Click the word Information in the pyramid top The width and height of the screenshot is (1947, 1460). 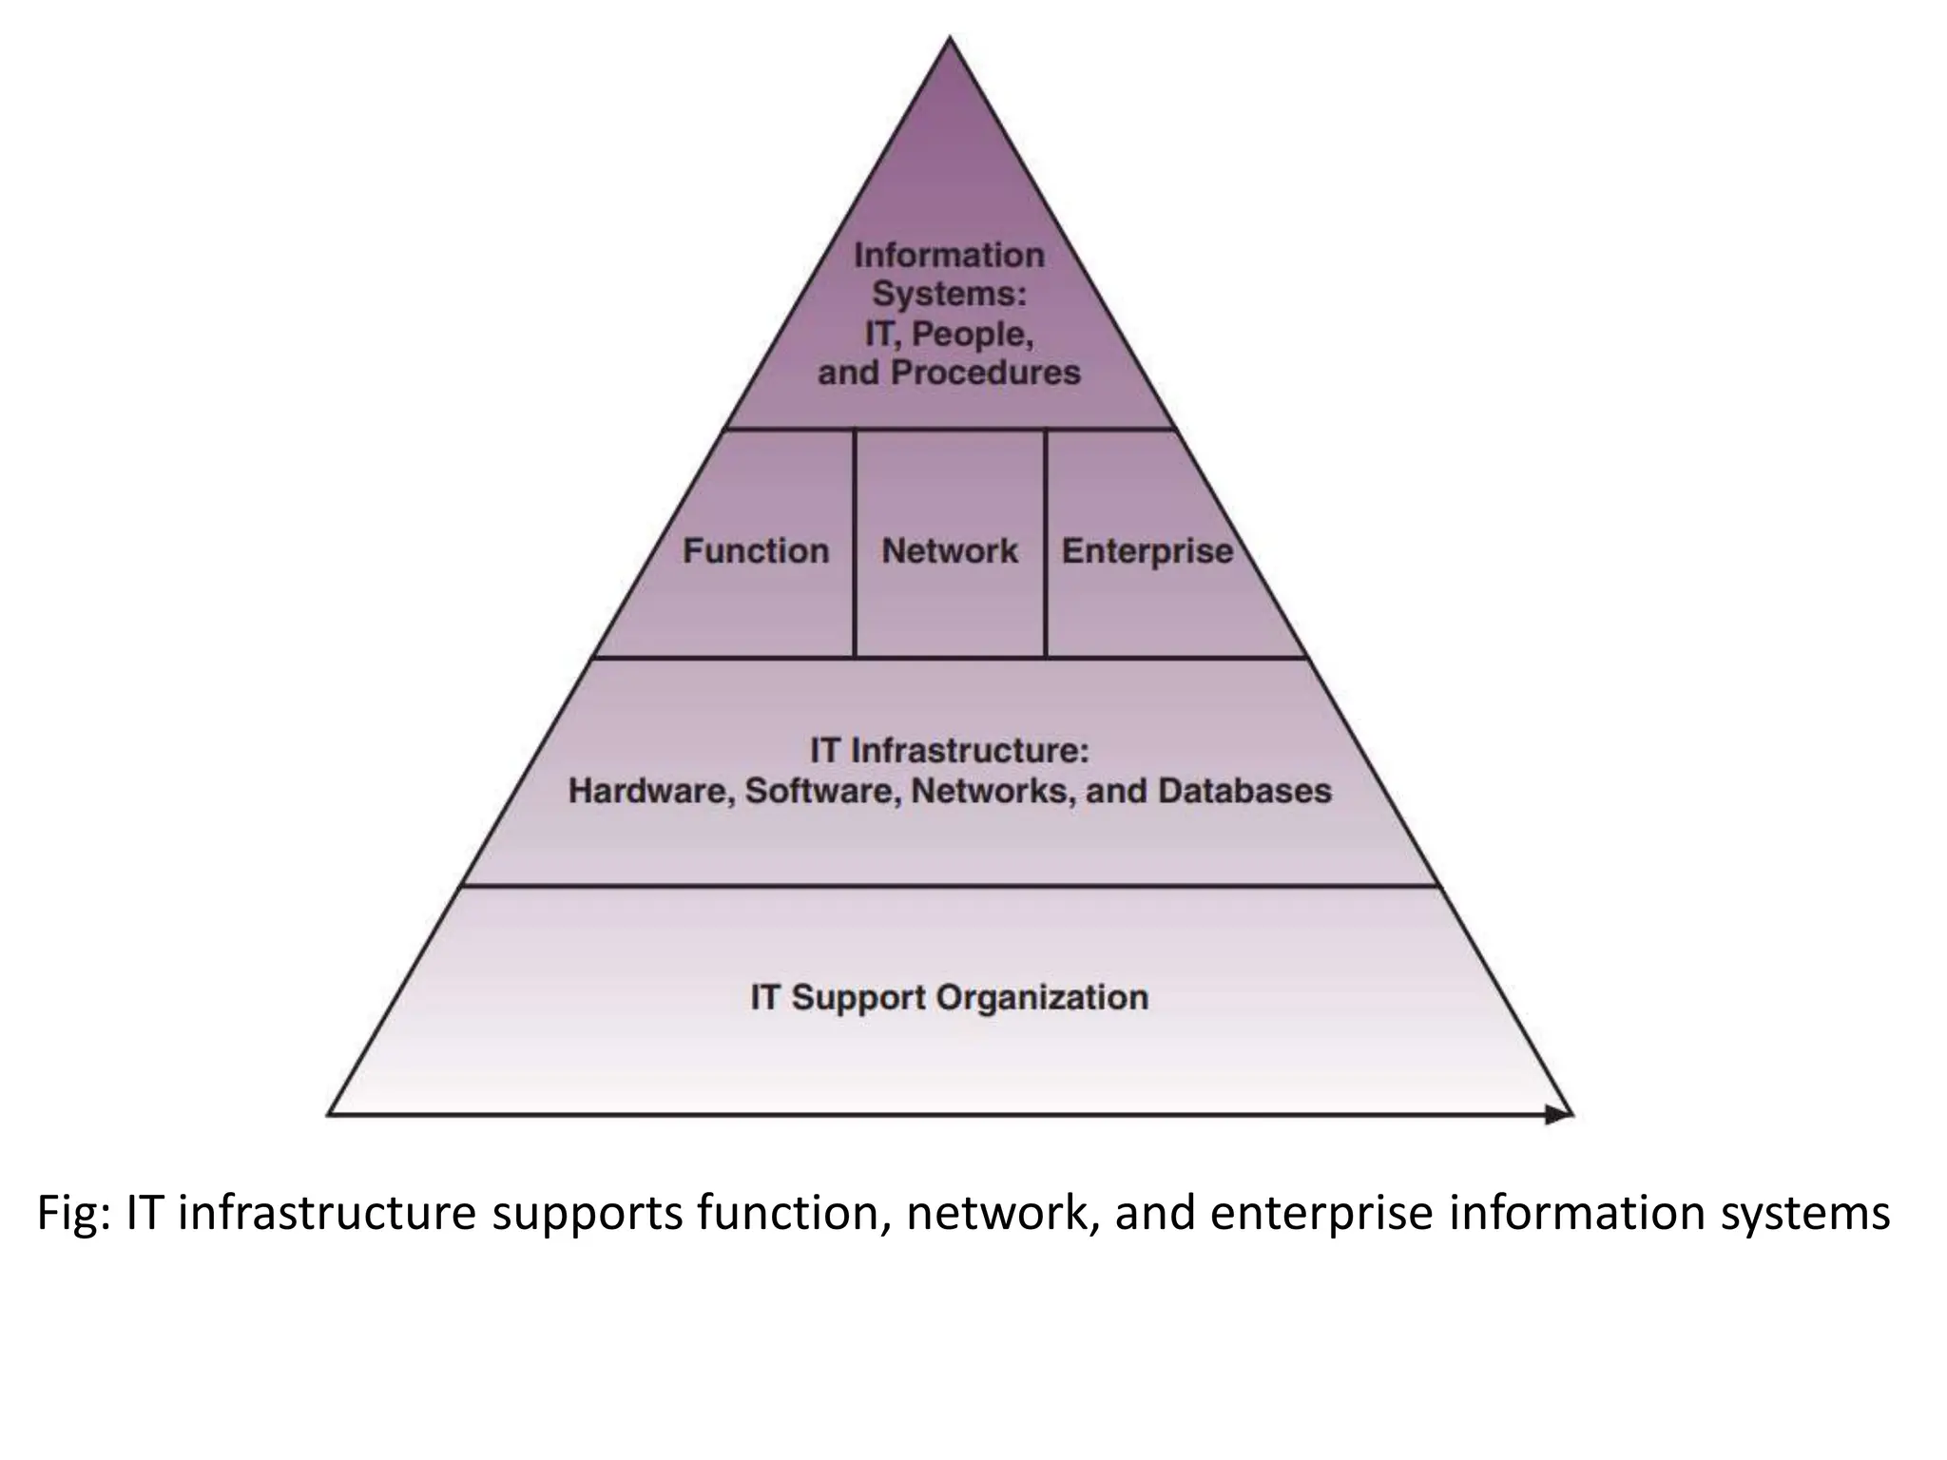(x=949, y=256)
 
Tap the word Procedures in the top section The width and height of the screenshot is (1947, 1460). (x=985, y=373)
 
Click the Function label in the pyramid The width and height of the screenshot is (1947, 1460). (x=756, y=551)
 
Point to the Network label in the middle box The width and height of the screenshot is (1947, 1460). (x=950, y=551)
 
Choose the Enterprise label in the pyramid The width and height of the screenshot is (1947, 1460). (x=1147, y=551)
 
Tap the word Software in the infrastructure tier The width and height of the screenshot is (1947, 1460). (x=822, y=791)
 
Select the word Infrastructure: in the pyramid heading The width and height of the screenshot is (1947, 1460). (x=970, y=751)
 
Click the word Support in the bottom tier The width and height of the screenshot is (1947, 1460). (x=859, y=998)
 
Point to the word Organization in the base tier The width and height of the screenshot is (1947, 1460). (x=1042, y=998)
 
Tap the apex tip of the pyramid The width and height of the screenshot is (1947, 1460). (x=950, y=40)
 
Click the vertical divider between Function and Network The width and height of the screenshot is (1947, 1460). (x=855, y=543)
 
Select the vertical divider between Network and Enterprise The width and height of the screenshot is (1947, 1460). (x=1046, y=543)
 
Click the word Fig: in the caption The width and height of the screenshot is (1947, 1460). (x=74, y=1214)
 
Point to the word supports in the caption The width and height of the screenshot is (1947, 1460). (x=587, y=1216)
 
